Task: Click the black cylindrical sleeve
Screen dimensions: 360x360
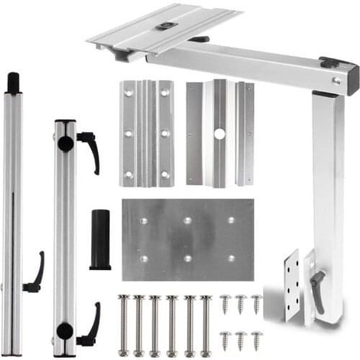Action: (100, 240)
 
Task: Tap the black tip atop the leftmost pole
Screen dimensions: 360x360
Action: (13, 82)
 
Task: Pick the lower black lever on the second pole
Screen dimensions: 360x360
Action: (91, 324)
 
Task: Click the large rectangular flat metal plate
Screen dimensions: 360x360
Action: (187, 240)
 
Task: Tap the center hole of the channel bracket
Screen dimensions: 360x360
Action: (220, 134)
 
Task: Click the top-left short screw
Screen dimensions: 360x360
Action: (225, 303)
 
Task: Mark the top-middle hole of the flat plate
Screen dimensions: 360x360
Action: (187, 220)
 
